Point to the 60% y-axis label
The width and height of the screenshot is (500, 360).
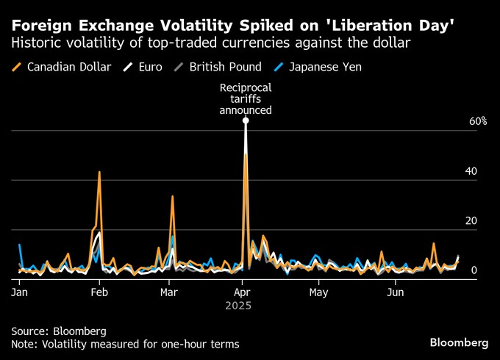tap(478, 121)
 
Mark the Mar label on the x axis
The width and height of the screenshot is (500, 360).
tap(169, 292)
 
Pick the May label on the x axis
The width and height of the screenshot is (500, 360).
tap(318, 292)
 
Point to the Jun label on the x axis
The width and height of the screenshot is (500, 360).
tap(396, 292)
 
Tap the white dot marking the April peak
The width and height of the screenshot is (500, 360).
tap(246, 120)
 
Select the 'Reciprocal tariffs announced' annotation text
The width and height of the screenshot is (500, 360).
tap(246, 99)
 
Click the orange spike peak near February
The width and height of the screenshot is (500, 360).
tap(99, 172)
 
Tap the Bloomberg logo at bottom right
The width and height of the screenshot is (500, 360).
tap(459, 342)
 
